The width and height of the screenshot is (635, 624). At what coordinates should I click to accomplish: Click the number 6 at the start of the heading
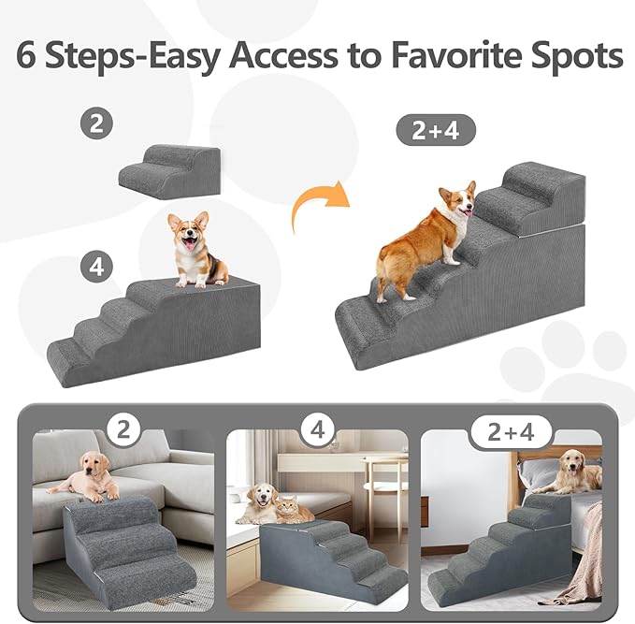click(29, 55)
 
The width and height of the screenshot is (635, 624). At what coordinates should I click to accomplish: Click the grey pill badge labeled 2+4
click(437, 130)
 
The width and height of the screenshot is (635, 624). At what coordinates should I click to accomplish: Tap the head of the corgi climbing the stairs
click(455, 201)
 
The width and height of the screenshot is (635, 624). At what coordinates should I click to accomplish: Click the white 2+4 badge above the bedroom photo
click(511, 432)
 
